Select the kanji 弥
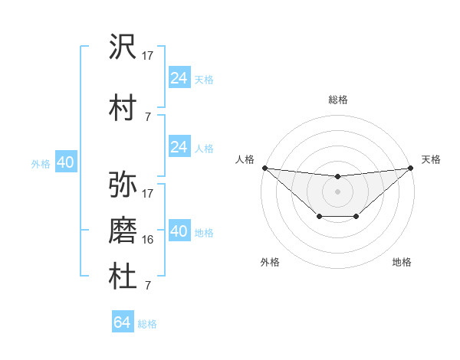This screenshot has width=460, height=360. (123, 184)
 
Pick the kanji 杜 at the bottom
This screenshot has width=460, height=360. (123, 277)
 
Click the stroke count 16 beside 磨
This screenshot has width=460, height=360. (148, 240)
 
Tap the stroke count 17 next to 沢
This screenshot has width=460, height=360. (148, 55)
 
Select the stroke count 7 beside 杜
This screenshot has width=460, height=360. (147, 286)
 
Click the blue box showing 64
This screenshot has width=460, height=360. (122, 322)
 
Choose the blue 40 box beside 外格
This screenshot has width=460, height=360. (65, 162)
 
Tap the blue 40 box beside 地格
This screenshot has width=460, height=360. (179, 231)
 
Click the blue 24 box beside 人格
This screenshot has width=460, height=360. (179, 147)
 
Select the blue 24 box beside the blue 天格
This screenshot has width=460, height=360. (179, 78)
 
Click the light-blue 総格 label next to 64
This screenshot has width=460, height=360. (147, 324)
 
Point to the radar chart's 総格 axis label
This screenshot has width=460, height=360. (337, 100)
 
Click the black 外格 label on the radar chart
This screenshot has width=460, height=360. (270, 262)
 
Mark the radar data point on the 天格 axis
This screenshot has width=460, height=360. (411, 168)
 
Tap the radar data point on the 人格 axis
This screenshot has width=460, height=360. (264, 168)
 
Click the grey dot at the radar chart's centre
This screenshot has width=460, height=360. (337, 191)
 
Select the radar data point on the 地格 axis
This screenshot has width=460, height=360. (356, 217)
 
